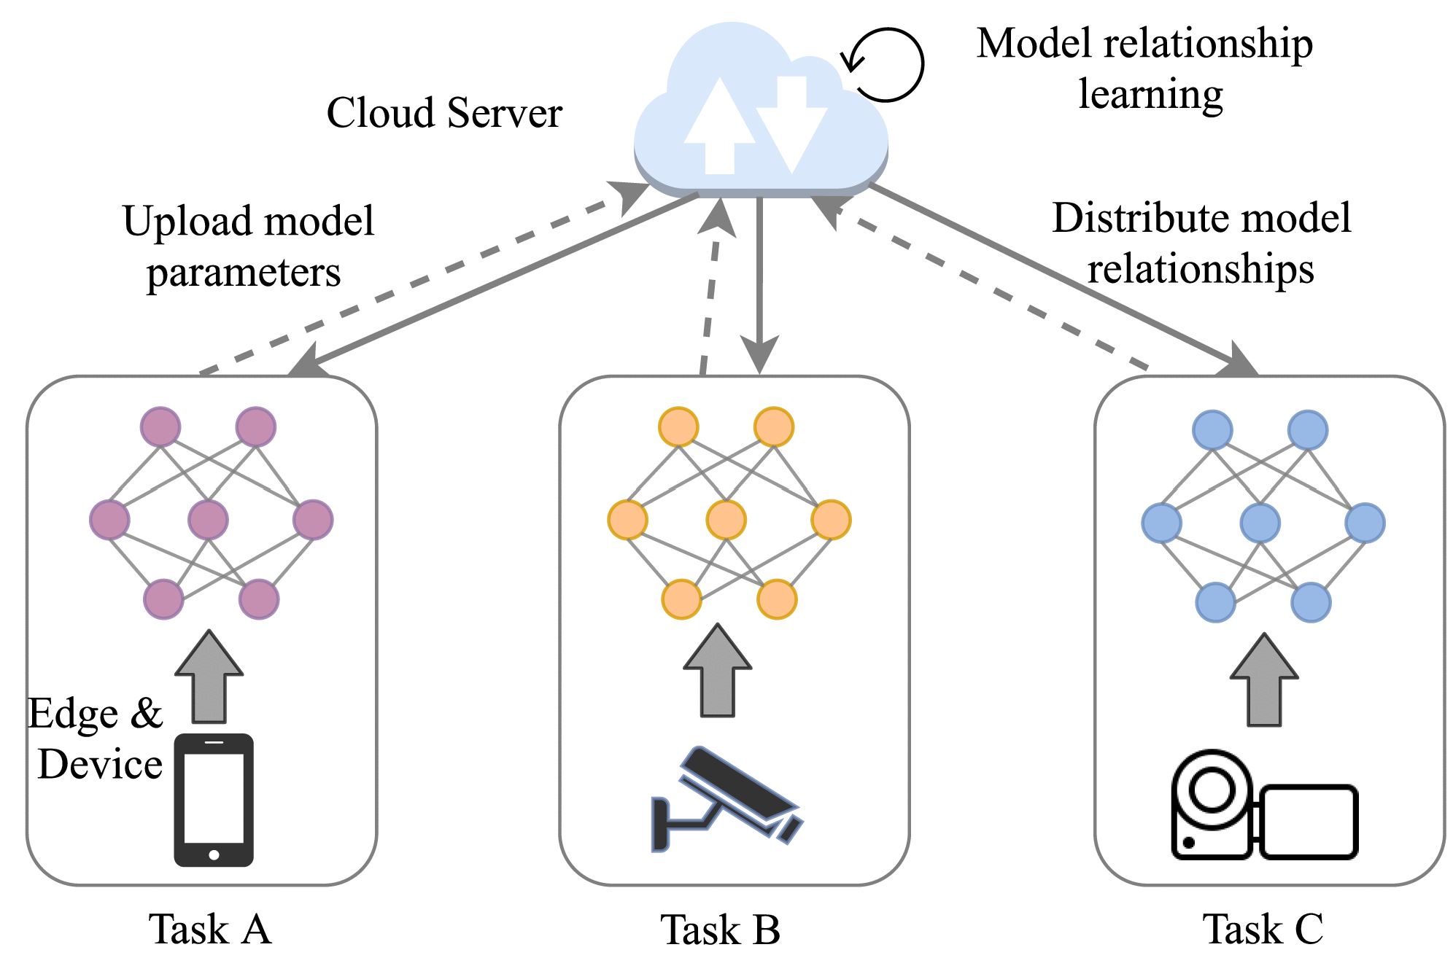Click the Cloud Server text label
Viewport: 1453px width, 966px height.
click(444, 113)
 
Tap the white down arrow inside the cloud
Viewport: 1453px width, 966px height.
click(791, 121)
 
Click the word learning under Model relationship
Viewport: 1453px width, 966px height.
click(1151, 95)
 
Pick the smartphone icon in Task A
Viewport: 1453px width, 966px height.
click(214, 800)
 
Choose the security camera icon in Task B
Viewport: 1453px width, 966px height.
click(726, 798)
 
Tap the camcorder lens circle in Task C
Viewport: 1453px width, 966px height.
click(1213, 790)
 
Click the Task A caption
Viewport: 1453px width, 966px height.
click(210, 930)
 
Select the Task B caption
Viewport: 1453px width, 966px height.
click(721, 930)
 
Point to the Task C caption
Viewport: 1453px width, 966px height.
click(1263, 930)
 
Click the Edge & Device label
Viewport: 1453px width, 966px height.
click(96, 739)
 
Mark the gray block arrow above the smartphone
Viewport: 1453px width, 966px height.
click(209, 676)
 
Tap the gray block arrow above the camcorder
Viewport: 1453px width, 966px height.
click(1264, 679)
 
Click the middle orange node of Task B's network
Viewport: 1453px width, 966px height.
click(726, 520)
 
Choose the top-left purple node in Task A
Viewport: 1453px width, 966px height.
click(160, 427)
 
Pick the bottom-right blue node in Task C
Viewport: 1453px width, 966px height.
click(1311, 602)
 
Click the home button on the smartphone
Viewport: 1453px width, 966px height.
click(214, 855)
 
